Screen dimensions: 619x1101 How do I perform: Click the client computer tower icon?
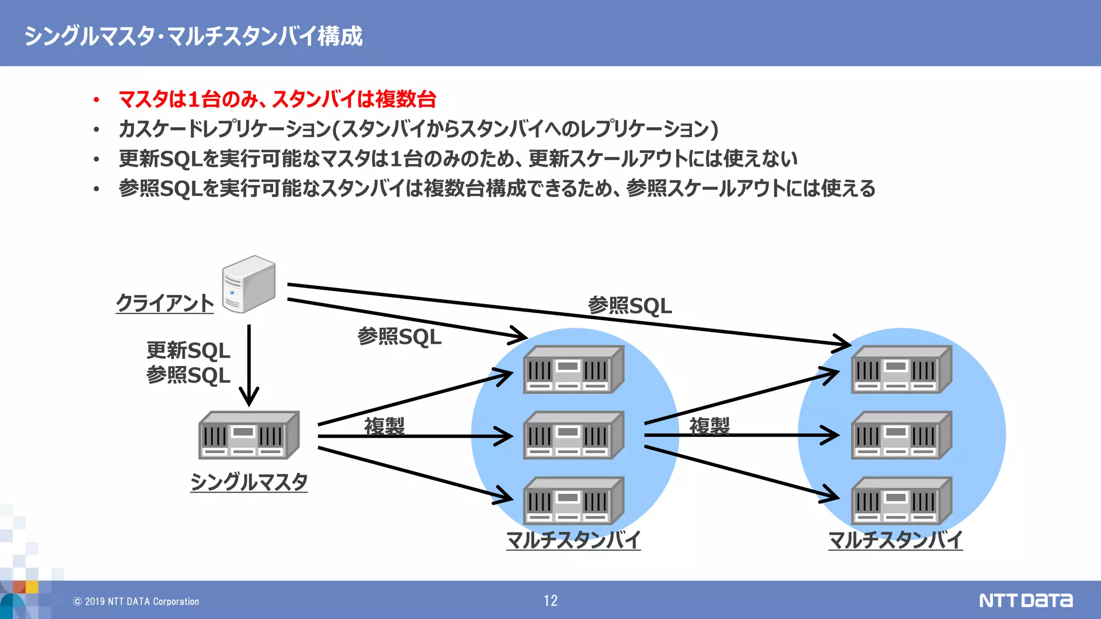point(248,285)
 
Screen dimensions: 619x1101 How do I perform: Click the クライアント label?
point(165,303)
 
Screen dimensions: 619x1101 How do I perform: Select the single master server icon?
point(249,435)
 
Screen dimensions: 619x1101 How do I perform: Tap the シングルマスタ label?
point(249,481)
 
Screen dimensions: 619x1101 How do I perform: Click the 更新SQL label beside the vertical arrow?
point(188,351)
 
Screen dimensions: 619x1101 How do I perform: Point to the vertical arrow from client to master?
point(249,365)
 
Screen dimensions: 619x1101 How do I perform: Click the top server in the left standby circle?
point(574,370)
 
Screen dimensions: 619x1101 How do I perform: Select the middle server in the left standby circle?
point(574,435)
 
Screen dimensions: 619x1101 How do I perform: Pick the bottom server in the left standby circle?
point(574,501)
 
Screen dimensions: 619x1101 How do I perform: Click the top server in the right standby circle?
point(902,370)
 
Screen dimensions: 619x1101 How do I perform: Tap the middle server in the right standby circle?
point(902,435)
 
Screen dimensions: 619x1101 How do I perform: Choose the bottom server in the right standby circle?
point(902,501)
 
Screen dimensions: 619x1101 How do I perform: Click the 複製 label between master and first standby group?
point(384,426)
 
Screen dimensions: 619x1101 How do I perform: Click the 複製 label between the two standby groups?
point(710,426)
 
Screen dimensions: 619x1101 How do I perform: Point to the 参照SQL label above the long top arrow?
point(630,306)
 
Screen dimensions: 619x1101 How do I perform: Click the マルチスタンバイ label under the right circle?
point(896,539)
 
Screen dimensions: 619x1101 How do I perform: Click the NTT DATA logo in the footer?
point(1026,600)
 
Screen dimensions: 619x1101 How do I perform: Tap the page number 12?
point(550,601)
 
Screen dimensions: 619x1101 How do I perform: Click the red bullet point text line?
point(277,99)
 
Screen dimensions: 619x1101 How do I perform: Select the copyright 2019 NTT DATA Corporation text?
point(137,601)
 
